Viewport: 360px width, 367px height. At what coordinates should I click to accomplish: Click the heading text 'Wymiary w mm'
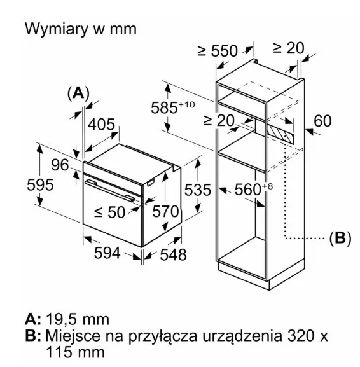[81, 29]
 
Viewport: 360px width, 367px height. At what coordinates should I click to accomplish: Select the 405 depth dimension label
[101, 124]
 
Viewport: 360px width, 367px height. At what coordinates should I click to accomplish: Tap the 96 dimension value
[60, 165]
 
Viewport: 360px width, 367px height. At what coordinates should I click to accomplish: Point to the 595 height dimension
[40, 184]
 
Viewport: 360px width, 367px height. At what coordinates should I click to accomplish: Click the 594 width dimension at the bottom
[107, 253]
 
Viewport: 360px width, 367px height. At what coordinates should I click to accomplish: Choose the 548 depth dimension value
[173, 254]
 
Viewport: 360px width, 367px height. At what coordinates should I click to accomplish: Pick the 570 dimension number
[165, 212]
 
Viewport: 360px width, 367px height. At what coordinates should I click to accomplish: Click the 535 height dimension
[198, 190]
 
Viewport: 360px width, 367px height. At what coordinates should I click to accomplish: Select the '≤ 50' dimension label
[109, 212]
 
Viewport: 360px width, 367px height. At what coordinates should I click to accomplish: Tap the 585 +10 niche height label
[173, 107]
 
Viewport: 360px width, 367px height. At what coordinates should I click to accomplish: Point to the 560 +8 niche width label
[254, 189]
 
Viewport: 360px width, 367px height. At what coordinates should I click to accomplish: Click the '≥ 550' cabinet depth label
[218, 51]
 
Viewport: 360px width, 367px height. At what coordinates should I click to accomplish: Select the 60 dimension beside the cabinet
[322, 121]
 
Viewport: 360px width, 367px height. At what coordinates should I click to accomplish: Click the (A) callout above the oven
[78, 93]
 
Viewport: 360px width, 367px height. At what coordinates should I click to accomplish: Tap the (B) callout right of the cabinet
[340, 239]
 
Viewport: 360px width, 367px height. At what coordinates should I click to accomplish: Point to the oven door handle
[110, 190]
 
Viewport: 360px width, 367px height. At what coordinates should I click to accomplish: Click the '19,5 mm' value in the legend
[78, 319]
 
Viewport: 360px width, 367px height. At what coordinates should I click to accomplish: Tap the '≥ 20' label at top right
[288, 48]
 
